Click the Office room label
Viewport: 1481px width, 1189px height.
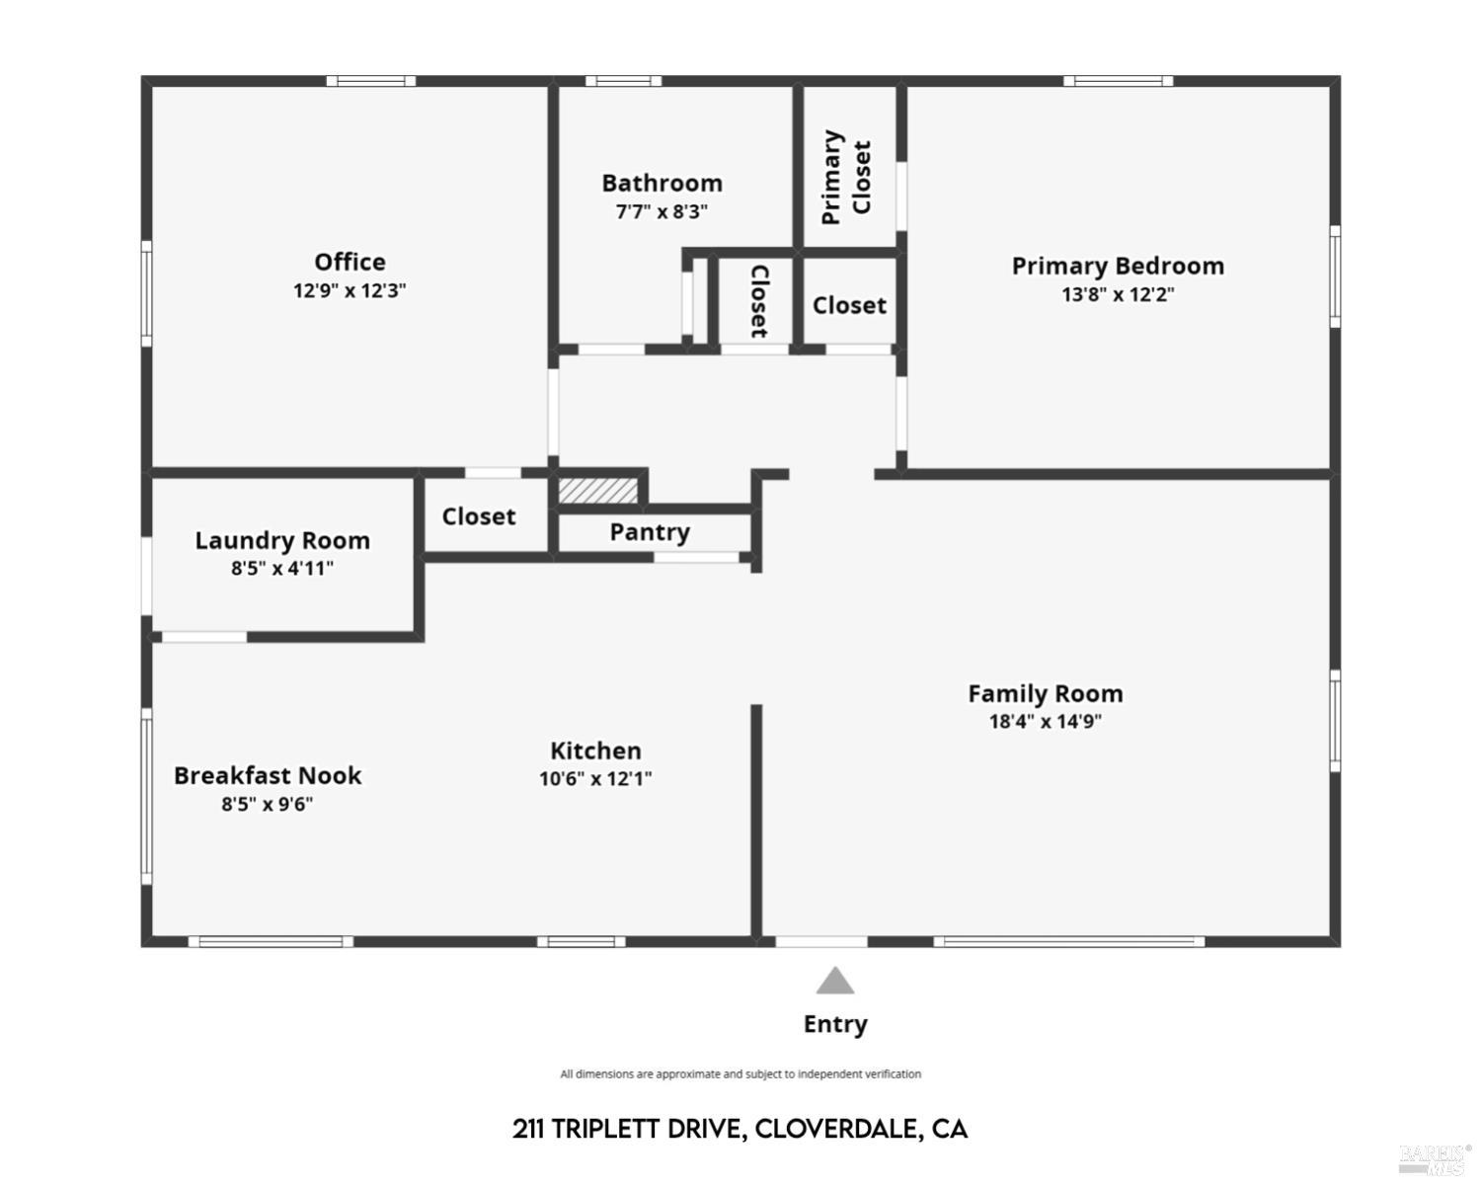tap(350, 262)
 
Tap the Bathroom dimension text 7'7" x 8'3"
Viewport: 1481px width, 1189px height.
tap(662, 211)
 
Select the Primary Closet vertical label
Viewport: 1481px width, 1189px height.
tap(846, 177)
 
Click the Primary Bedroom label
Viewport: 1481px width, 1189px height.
tap(1118, 266)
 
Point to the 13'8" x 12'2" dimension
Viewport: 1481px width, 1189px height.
tap(1118, 294)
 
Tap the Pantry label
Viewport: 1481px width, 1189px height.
tap(650, 532)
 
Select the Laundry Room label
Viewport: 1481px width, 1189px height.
tap(282, 540)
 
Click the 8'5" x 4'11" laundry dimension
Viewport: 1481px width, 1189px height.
tap(282, 568)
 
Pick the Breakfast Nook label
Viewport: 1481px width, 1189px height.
tap(268, 775)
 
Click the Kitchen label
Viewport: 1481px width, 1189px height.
tap(595, 751)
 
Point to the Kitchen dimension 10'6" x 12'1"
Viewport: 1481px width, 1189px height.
tap(595, 778)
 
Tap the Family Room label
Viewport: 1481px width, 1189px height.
tap(1045, 693)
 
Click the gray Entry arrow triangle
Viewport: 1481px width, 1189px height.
tap(835, 982)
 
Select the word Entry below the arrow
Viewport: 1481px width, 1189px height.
tap(835, 1024)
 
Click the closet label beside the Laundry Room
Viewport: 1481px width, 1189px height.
tap(479, 516)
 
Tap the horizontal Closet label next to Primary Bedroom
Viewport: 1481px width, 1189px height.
tap(849, 305)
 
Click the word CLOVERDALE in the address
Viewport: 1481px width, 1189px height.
tap(837, 1129)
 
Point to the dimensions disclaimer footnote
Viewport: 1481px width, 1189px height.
tap(740, 1074)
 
